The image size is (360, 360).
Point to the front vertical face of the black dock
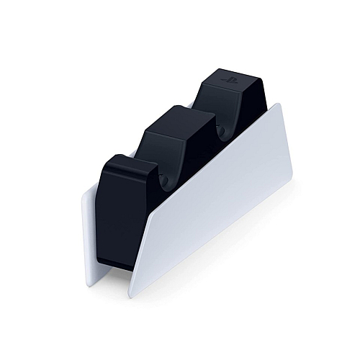(115, 216)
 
